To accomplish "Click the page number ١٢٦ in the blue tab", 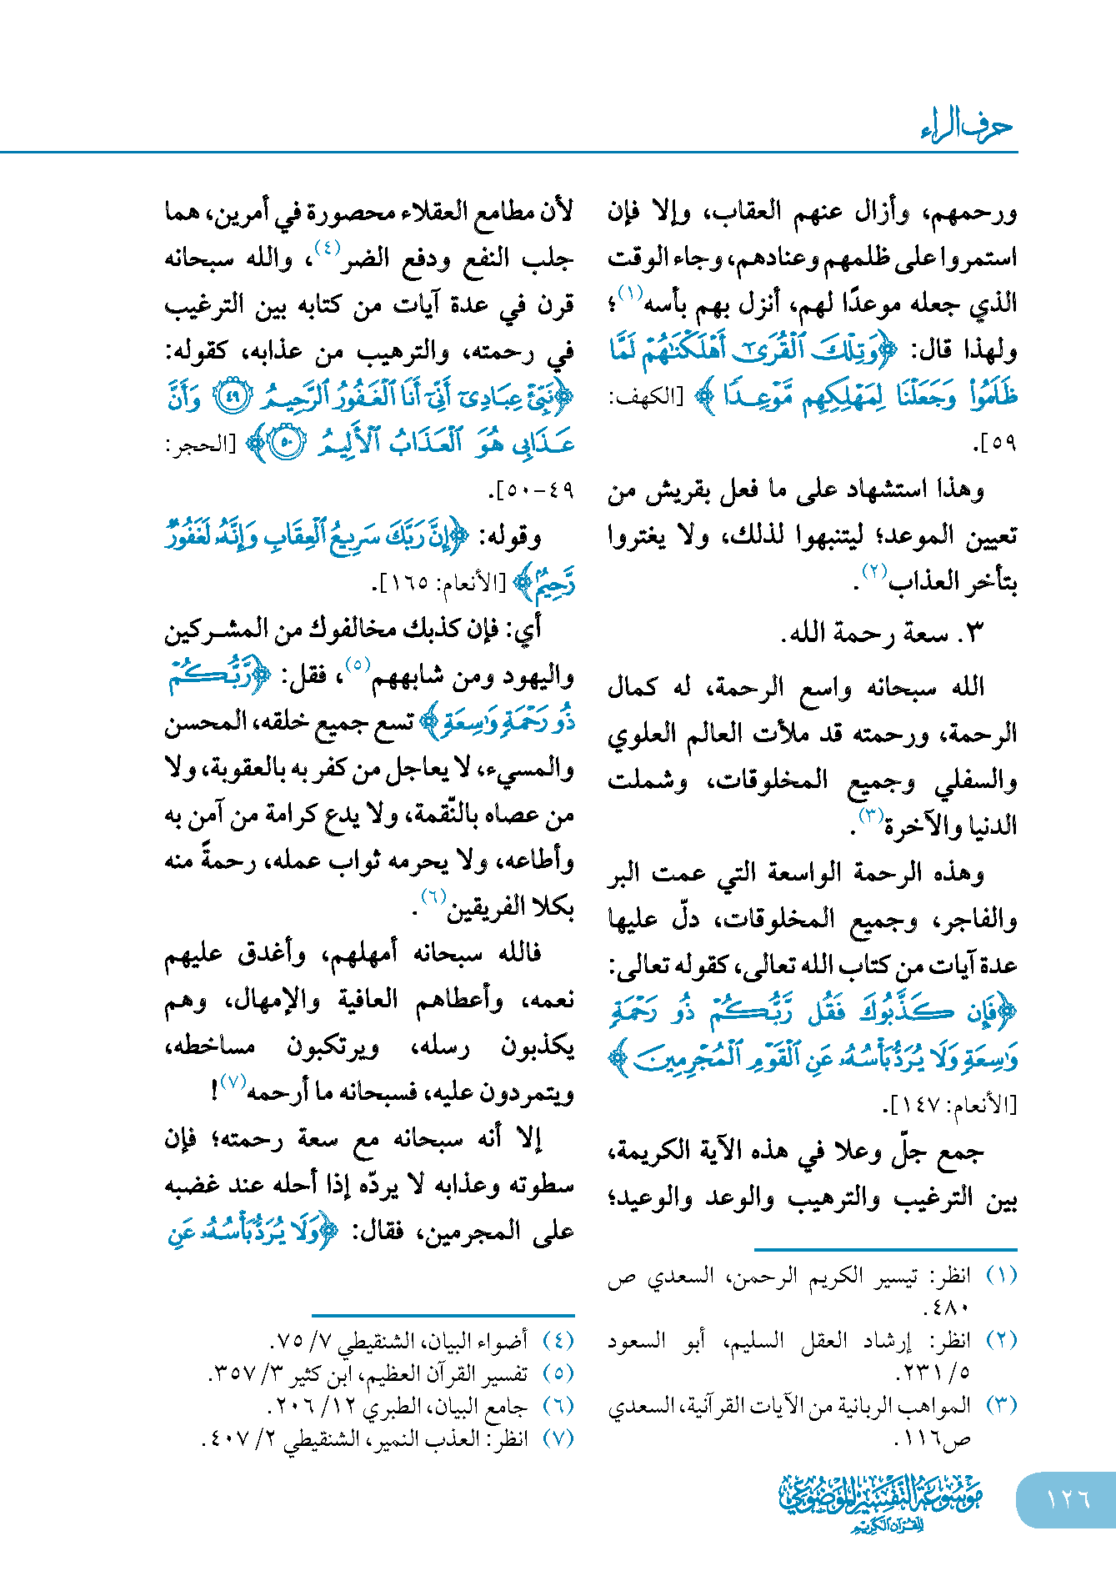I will click(1068, 1498).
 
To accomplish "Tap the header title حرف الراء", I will click(967, 126).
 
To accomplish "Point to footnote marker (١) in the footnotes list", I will click(1001, 1275).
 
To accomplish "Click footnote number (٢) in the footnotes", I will click(1001, 1340).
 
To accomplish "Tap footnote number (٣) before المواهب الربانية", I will click(1001, 1405).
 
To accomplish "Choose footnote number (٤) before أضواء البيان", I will click(558, 1340).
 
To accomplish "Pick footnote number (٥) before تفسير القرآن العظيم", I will click(558, 1373).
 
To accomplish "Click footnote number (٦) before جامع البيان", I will click(558, 1405).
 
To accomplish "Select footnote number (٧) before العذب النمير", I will click(558, 1438).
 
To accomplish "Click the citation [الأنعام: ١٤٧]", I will click(950, 1106).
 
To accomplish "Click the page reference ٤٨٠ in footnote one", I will click(948, 1307).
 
